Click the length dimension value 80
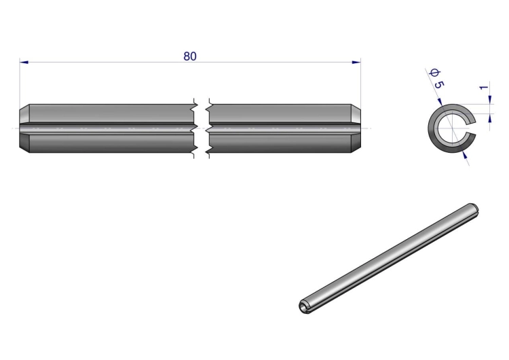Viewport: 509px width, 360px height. (190, 56)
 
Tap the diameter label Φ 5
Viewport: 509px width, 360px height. (436, 79)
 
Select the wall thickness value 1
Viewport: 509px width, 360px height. (484, 88)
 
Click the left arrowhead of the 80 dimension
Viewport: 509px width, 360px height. (24, 62)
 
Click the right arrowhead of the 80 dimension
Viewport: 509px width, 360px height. (356, 62)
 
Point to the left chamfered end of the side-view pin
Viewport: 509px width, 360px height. (24, 128)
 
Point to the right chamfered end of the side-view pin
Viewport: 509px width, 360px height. (356, 128)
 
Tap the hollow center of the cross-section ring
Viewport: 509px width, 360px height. (453, 128)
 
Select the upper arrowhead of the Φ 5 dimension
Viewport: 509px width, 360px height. (440, 102)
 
